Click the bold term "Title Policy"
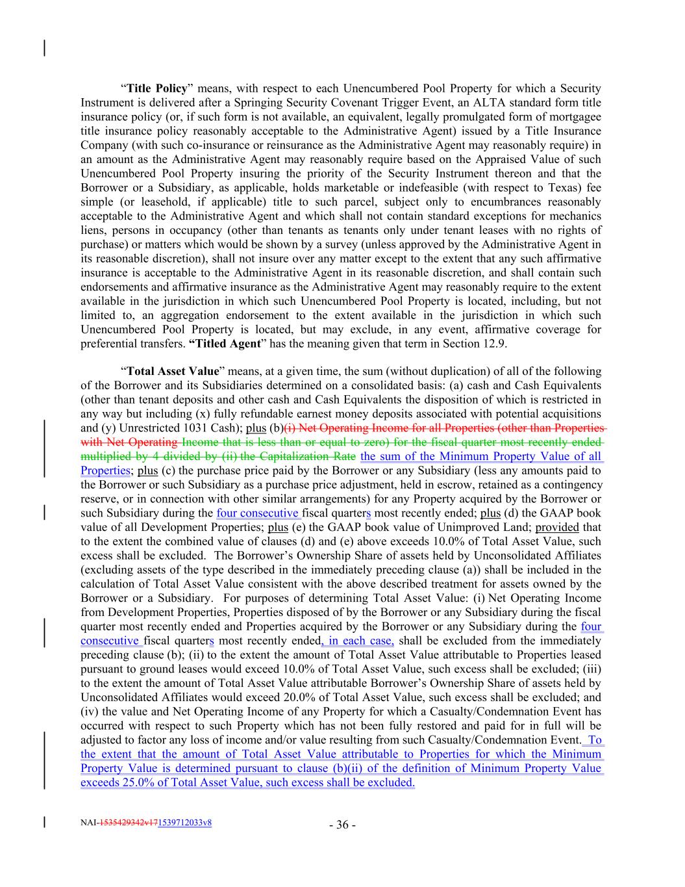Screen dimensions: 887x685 156,88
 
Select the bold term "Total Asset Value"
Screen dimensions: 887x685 173,371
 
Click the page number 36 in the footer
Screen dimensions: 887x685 342,825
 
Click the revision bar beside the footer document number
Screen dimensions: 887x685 44,822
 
